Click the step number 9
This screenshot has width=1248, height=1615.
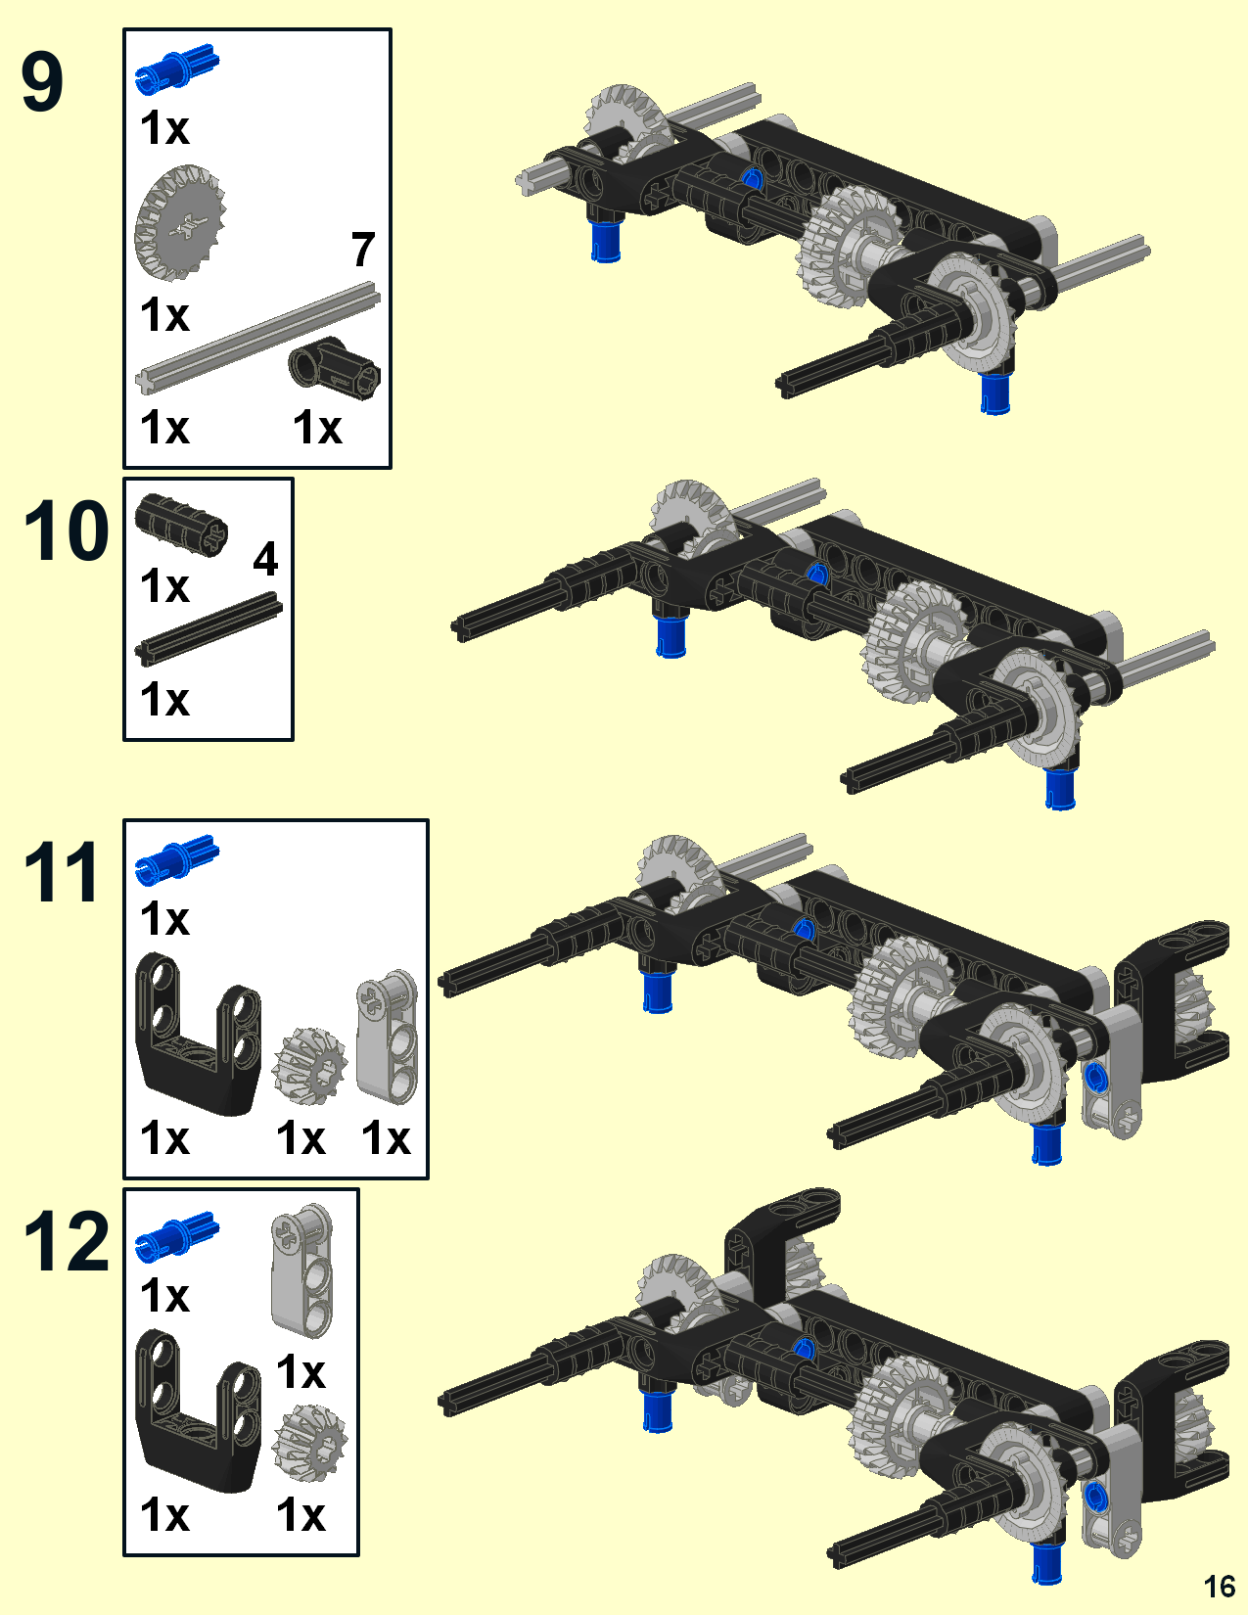coord(43,83)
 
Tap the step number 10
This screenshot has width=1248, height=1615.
coord(66,531)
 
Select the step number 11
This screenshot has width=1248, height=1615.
coord(61,872)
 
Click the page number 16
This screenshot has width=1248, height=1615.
coord(1219,1586)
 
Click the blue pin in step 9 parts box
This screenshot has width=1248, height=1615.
coord(176,68)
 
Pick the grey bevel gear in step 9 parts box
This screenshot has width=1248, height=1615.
coord(180,223)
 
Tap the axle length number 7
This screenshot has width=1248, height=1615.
coord(363,250)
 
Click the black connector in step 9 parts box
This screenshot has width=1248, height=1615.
coord(335,368)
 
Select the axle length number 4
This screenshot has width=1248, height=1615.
coord(265,559)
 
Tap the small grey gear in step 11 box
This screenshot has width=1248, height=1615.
coord(309,1065)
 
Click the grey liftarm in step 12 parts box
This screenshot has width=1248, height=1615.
coord(301,1269)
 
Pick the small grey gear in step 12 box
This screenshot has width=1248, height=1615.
coord(309,1442)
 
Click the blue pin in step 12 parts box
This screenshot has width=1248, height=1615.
coord(176,1235)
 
